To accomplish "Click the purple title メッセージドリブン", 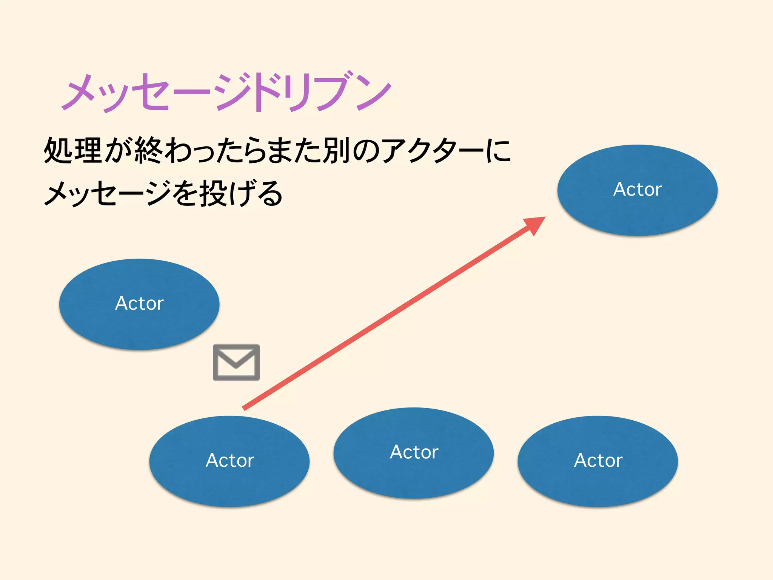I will (x=226, y=93).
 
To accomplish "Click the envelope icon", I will (x=236, y=362).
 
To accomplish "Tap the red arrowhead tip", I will (x=544, y=218).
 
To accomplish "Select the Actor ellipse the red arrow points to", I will (x=637, y=190).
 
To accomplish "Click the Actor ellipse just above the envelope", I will (x=139, y=304).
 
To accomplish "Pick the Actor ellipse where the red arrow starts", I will (x=229, y=461).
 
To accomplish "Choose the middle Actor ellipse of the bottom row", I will (x=414, y=453).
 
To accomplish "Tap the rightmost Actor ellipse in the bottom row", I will (x=598, y=461).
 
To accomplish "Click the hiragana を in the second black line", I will (x=185, y=193).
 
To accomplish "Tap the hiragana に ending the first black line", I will (x=498, y=151).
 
